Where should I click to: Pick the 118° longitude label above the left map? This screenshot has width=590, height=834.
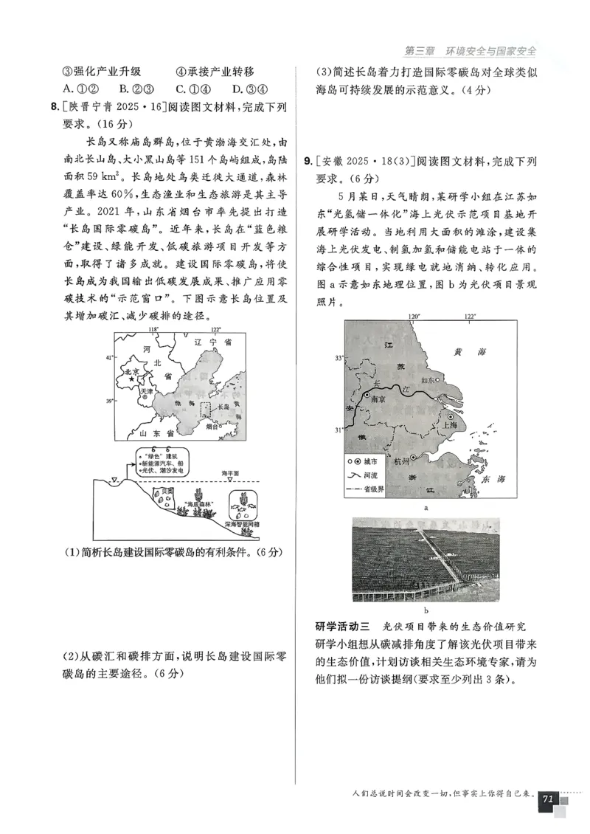[153, 329]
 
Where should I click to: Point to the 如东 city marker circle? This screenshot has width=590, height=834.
[437, 379]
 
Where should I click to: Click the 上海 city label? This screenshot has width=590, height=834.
[447, 424]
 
